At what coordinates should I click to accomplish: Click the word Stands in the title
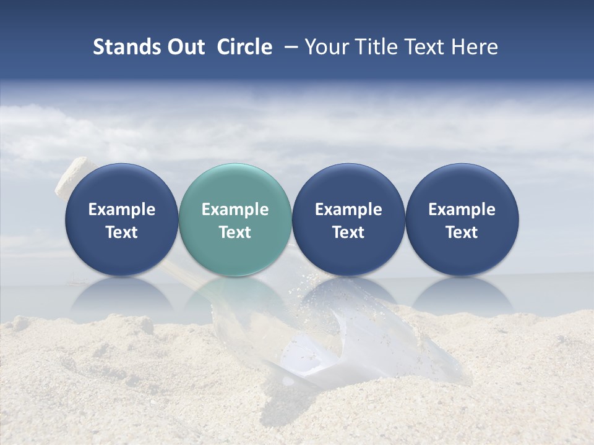pos(126,47)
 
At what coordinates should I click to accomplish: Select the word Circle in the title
pos(244,47)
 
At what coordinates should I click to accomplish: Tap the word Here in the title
pos(474,47)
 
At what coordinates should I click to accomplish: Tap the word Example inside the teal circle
pos(235,210)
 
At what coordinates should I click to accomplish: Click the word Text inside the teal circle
pos(235,232)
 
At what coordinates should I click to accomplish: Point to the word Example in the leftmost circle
pos(121,210)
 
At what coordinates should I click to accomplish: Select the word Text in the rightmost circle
pos(462,232)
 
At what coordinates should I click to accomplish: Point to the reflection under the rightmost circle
pos(462,293)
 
